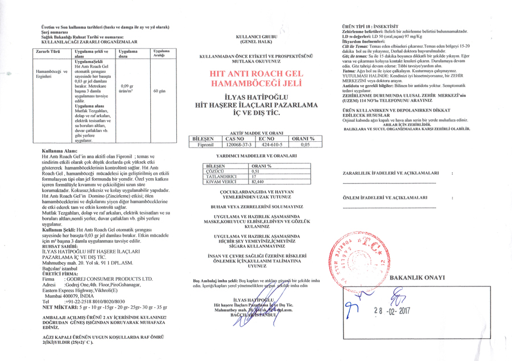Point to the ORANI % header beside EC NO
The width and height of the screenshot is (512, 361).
pos(303,138)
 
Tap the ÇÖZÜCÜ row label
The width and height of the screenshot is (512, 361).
pos(215,171)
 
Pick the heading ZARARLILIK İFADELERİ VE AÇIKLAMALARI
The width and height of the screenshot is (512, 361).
pos(390,173)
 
